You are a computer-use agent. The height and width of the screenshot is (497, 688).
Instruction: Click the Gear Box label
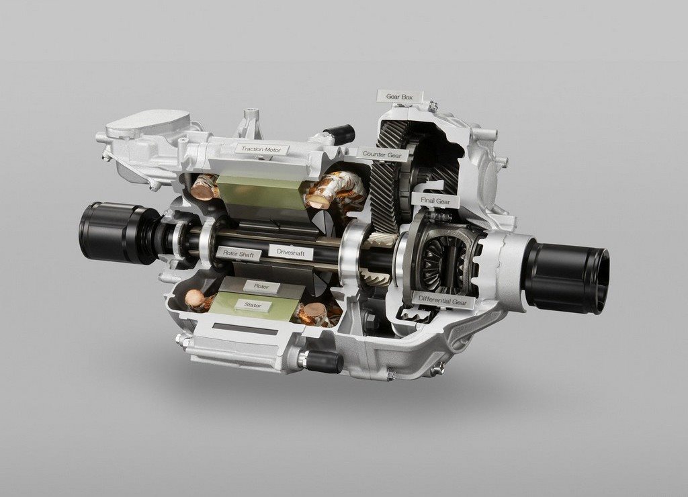[x=399, y=97]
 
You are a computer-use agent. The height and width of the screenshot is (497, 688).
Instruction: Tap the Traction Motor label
[x=261, y=149]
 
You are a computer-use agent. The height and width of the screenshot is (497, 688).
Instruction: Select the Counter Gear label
[x=382, y=154]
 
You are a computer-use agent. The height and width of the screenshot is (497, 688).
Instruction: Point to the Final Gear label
[x=435, y=200]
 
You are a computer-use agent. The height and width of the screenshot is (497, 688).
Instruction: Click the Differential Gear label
[x=443, y=300]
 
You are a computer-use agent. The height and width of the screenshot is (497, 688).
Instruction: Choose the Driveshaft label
[x=292, y=253]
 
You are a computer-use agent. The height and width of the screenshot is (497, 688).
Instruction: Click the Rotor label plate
[x=261, y=287]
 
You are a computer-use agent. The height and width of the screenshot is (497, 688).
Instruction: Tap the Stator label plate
[x=253, y=305]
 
